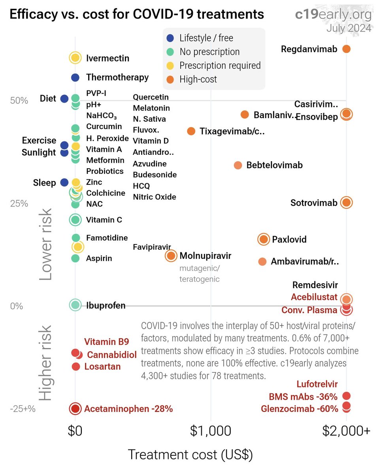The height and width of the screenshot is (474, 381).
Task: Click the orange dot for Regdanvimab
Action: tap(346, 49)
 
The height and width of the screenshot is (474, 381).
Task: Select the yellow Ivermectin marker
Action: tap(75, 58)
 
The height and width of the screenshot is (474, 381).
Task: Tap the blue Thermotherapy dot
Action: tap(75, 77)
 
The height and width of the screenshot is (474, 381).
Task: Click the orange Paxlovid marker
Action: tap(264, 239)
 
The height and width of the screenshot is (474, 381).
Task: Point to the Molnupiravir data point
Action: tap(171, 256)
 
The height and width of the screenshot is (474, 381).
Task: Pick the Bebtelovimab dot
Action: tap(238, 165)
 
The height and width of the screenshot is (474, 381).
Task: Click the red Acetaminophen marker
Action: tap(75, 409)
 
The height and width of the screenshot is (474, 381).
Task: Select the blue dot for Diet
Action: tap(64, 98)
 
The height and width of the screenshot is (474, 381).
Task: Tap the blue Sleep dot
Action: tap(64, 182)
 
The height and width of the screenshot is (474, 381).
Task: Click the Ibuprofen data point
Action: tap(75, 305)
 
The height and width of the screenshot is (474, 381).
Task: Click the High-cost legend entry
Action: tap(198, 79)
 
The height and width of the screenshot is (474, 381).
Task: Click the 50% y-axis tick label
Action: tap(19, 101)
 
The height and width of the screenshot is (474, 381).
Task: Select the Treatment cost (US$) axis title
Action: tap(190, 455)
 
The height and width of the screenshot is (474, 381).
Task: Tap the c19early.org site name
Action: tap(333, 15)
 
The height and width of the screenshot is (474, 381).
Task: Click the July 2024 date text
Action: tap(349, 28)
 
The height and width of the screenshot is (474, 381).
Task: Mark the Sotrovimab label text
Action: tap(314, 203)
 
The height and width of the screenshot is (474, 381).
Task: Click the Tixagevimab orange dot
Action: tap(191, 131)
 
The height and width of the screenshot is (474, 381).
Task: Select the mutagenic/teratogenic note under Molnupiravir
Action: tap(200, 274)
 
